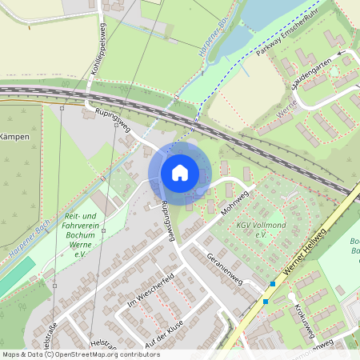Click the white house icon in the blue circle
click(x=179, y=172)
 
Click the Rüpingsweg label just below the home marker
click(x=166, y=220)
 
